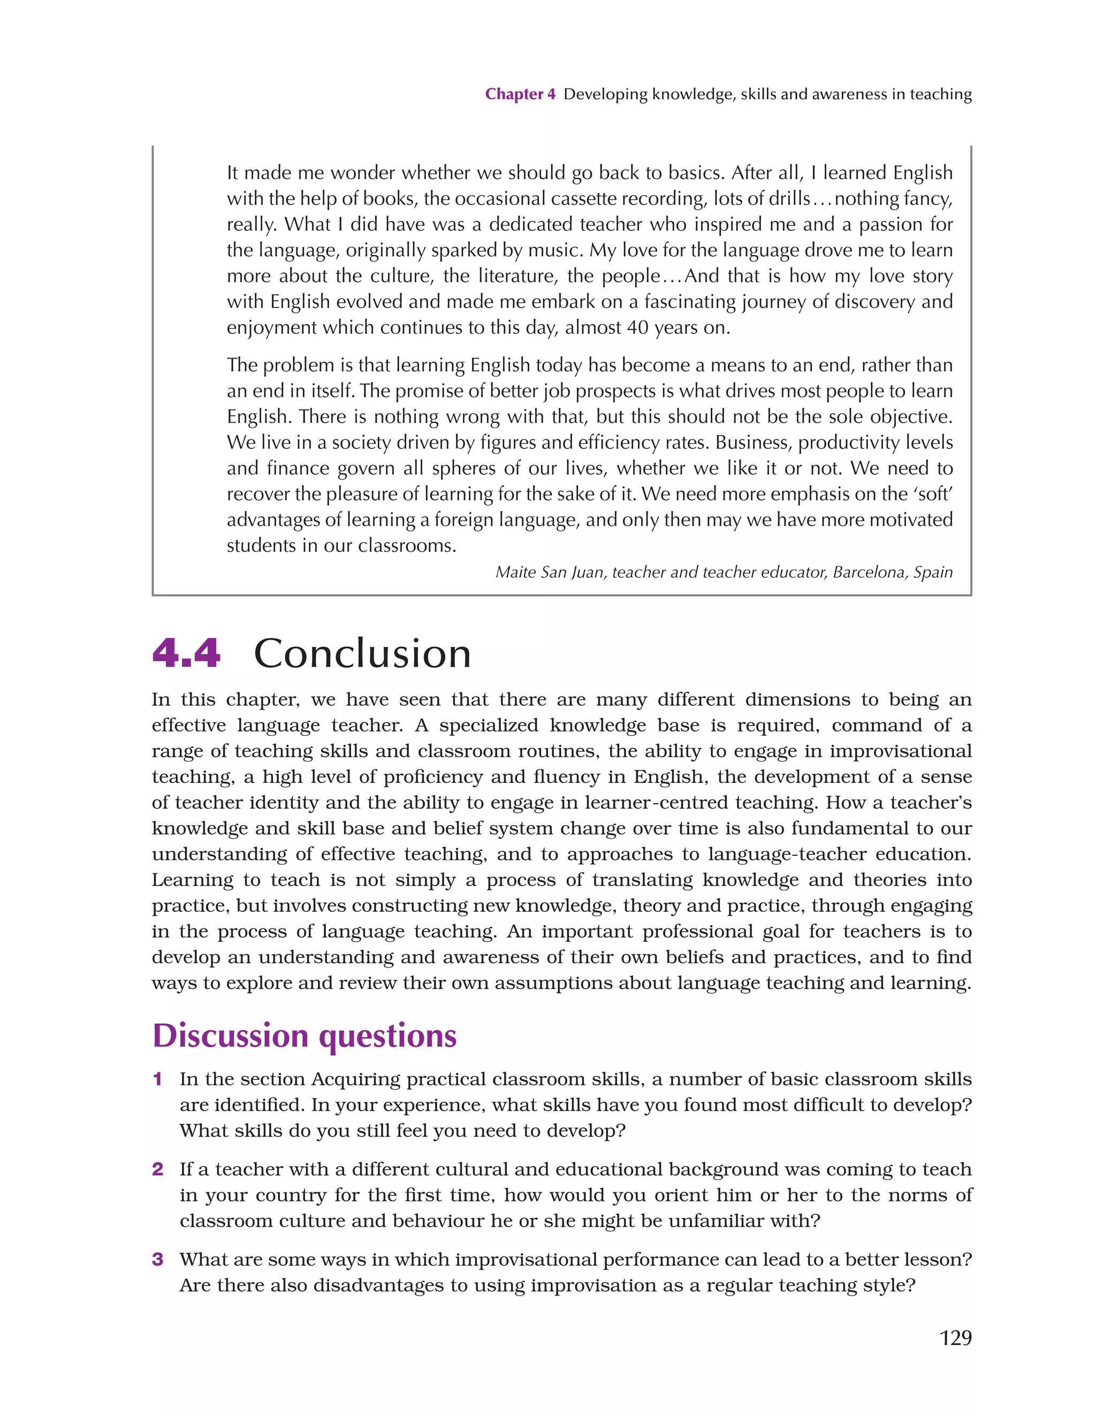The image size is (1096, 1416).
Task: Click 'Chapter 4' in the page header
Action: click(x=520, y=94)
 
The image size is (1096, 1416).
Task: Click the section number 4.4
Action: click(x=186, y=653)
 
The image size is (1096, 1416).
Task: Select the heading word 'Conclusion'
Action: click(x=362, y=653)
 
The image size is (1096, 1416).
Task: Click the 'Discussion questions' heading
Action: click(x=304, y=1036)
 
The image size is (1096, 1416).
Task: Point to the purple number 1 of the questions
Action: click(x=157, y=1079)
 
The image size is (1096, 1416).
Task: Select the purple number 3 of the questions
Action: click(x=157, y=1260)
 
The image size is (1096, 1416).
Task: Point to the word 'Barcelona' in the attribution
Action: click(x=870, y=573)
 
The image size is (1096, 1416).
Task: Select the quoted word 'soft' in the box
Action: click(x=934, y=494)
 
